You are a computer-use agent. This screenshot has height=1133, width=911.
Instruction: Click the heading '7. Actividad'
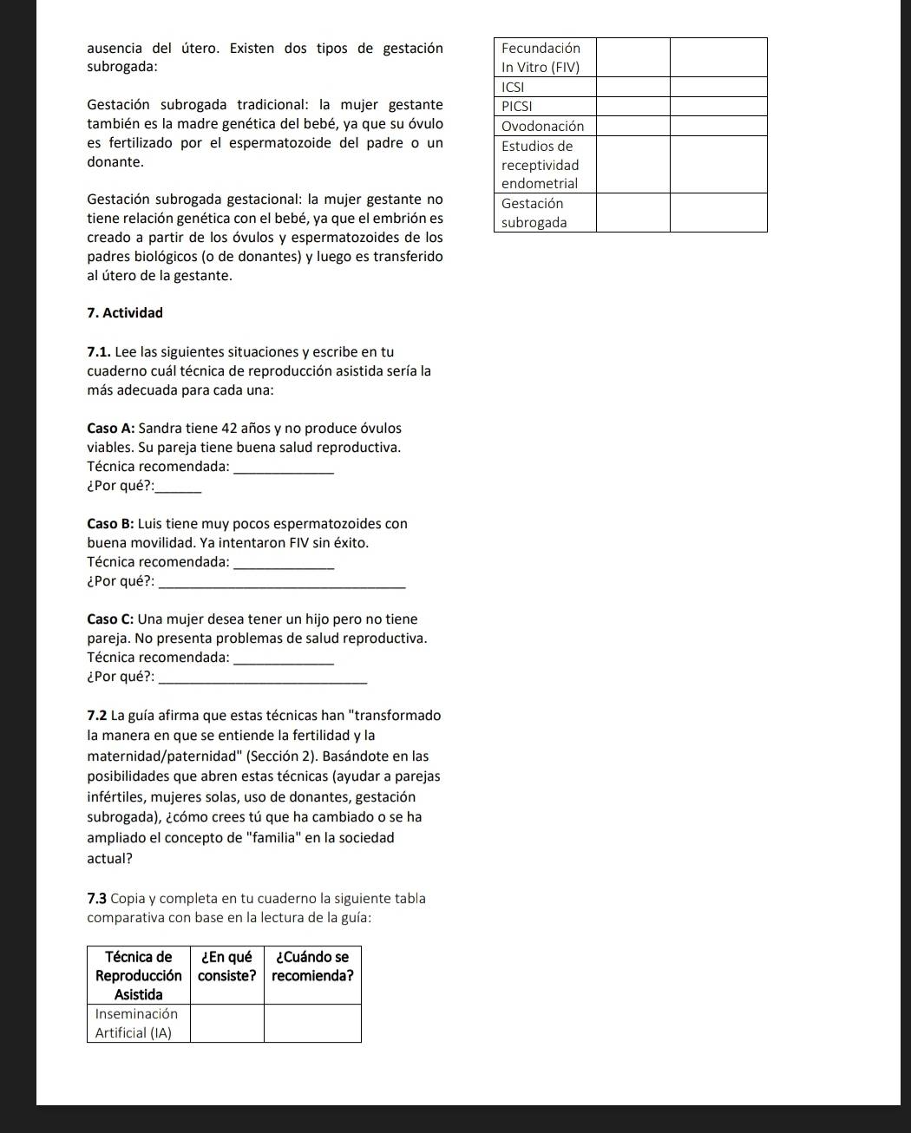[x=125, y=312]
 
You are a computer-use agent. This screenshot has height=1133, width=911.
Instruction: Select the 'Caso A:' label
[x=110, y=428]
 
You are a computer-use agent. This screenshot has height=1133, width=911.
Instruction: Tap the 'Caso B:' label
[x=110, y=523]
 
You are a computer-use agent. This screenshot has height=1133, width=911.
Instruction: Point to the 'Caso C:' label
[x=110, y=619]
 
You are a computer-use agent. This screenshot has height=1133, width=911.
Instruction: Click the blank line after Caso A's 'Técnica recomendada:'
[x=284, y=471]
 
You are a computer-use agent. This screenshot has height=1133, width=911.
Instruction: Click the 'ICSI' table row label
[x=514, y=87]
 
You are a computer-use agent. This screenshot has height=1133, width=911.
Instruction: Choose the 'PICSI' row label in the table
[x=517, y=106]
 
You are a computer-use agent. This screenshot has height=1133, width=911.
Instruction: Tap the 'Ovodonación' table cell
[x=543, y=126]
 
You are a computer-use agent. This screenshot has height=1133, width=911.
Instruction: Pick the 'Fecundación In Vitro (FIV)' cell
[x=541, y=57]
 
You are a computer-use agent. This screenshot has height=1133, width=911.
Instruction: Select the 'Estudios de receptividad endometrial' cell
[x=540, y=165]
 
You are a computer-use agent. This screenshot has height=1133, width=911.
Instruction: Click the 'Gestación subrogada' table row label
[x=534, y=213]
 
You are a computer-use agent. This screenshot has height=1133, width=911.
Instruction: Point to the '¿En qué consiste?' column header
[x=226, y=966]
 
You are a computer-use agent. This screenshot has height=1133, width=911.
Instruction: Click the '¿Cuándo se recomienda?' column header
[x=312, y=966]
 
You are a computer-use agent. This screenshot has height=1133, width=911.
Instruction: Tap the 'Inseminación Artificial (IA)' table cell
[x=136, y=1023]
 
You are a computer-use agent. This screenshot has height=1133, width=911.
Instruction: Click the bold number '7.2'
[x=97, y=716]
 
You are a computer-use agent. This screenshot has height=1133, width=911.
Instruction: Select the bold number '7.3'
[x=97, y=898]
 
